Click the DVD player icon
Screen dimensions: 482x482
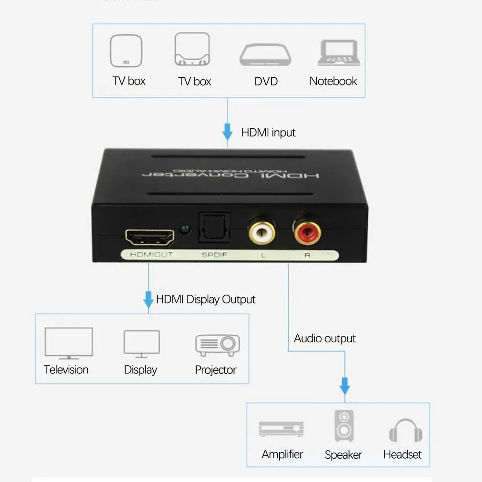(x=265, y=55)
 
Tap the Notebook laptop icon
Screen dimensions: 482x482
(x=339, y=53)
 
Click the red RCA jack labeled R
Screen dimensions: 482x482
(x=308, y=232)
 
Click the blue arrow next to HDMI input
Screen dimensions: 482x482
(x=228, y=131)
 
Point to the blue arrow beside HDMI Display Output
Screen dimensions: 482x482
(x=148, y=299)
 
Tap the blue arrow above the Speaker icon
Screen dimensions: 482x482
(x=345, y=385)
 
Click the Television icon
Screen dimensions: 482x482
(x=69, y=343)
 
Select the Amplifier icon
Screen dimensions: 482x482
(x=282, y=429)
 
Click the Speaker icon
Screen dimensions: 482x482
(x=344, y=426)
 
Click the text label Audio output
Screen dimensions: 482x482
(x=325, y=338)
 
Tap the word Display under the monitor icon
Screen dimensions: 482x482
(x=140, y=370)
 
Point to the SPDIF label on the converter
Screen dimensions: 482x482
(x=214, y=255)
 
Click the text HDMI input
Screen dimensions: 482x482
(x=268, y=133)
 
